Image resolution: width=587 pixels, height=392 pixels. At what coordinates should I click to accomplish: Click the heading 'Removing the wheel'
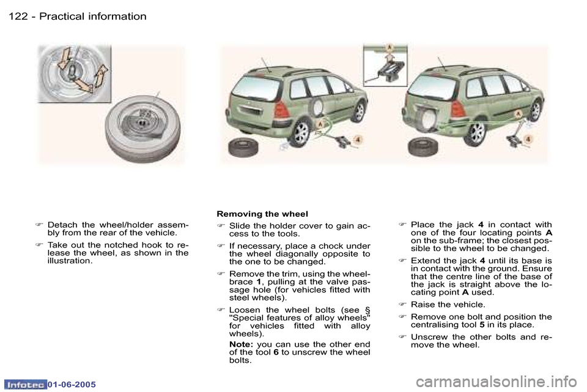point(262,214)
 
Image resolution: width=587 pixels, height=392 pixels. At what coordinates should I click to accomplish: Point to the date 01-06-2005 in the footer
point(70,384)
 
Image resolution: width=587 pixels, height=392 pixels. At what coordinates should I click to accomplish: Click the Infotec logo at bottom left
point(25,384)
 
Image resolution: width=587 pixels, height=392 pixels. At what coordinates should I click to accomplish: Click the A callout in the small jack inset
point(388,48)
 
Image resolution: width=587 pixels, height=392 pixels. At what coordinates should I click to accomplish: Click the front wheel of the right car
point(536,111)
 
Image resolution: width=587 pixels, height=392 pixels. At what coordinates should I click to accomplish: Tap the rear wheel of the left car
point(300,134)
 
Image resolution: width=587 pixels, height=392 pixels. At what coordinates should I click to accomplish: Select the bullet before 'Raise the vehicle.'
point(402,304)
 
